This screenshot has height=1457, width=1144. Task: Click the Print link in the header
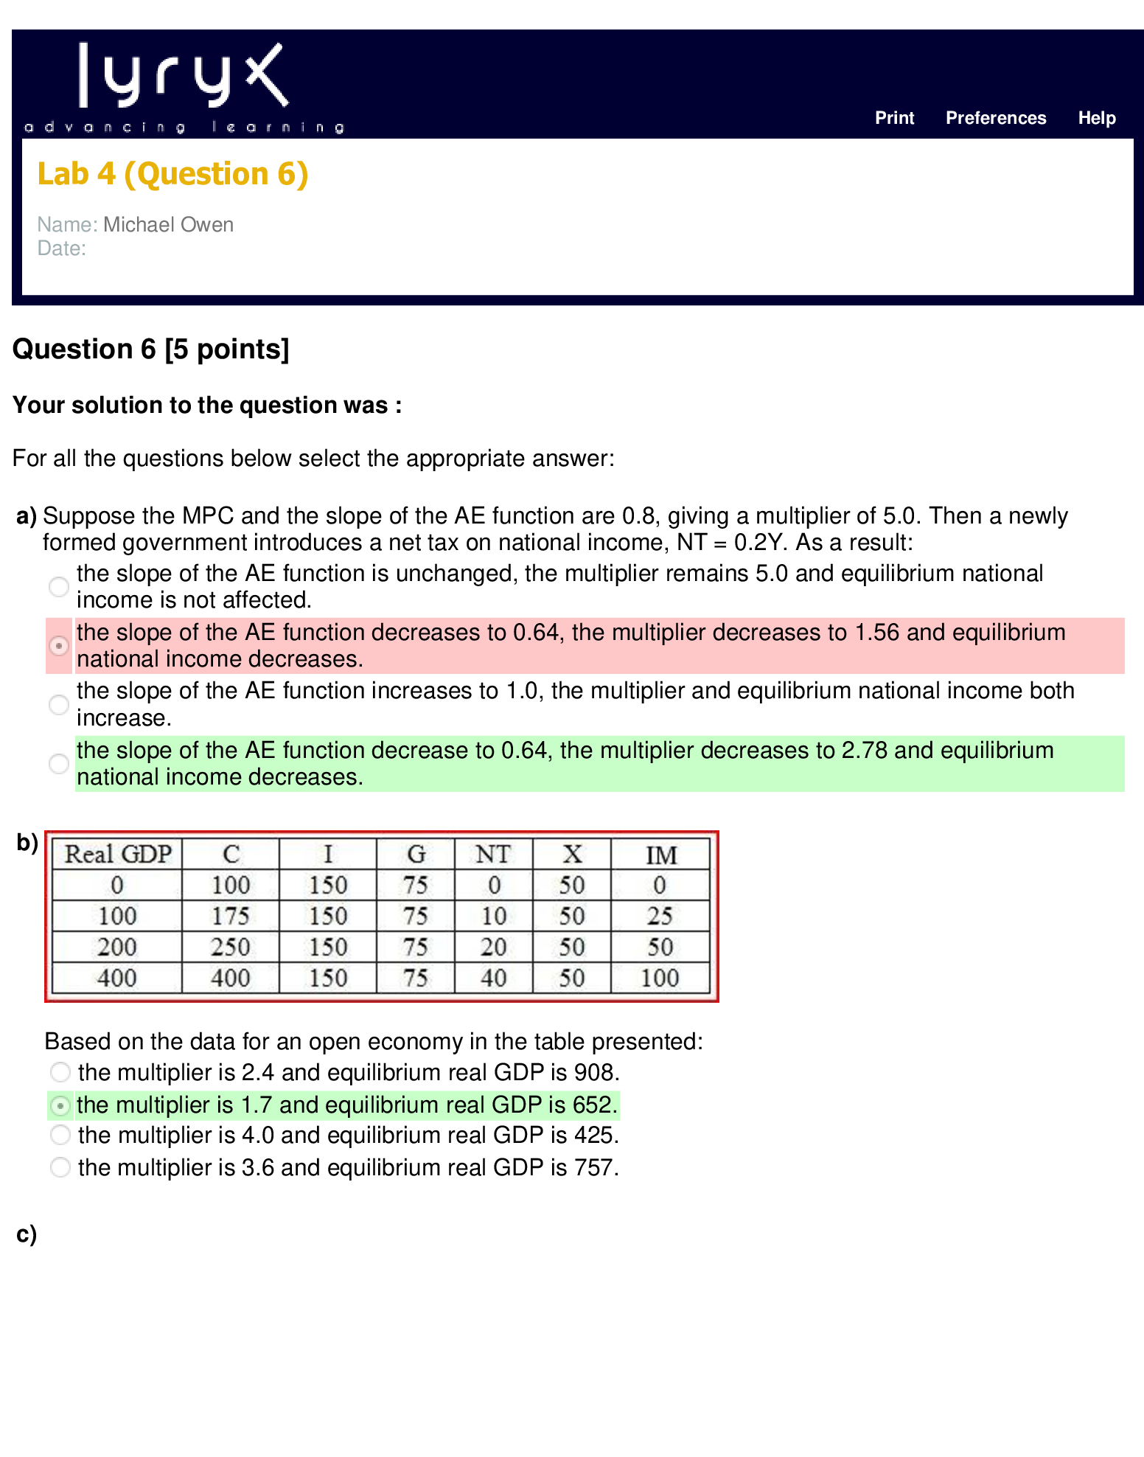coord(894,118)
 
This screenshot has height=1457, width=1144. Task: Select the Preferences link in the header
coord(996,118)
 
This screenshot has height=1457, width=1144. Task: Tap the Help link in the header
coord(1097,118)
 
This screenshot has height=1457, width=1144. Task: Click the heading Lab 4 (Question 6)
coord(172,174)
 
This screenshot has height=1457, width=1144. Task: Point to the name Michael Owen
coord(168,224)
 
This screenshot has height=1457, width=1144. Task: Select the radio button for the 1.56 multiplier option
coord(59,646)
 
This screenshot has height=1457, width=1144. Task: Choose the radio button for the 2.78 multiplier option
coord(59,764)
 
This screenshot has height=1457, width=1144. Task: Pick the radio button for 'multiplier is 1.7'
coord(60,1105)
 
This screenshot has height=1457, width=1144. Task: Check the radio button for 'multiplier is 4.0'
coord(60,1135)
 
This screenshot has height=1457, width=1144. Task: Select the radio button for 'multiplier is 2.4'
coord(60,1072)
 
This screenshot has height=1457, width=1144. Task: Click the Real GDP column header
coord(118,854)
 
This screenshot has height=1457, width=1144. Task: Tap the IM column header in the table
coord(661,855)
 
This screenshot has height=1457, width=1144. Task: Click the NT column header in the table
coord(493,854)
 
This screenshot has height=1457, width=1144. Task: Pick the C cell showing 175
coord(231,916)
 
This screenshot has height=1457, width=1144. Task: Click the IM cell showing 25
coord(660,916)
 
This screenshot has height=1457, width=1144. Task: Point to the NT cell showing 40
coord(493,978)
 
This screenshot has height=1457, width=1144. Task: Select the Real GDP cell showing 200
coord(117,947)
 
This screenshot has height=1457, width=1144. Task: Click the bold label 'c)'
coord(27,1234)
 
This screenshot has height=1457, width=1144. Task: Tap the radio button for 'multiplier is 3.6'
coord(60,1167)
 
